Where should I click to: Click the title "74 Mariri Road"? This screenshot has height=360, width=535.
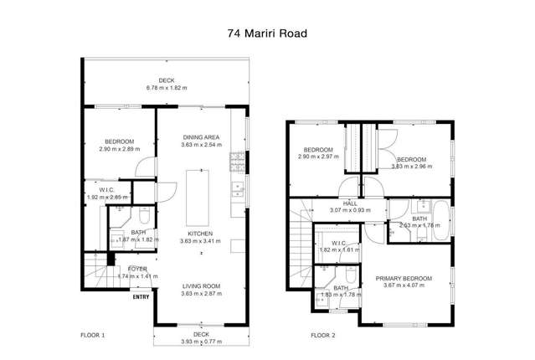[267, 33]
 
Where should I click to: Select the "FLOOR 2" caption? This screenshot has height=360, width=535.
[323, 335]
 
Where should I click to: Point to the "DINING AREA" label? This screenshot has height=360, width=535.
[201, 137]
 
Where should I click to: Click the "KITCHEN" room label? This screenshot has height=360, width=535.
[200, 234]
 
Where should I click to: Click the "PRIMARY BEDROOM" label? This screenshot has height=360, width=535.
[403, 278]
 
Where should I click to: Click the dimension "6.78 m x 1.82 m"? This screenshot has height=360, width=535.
[167, 88]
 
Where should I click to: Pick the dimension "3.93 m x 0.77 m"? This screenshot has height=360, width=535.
[200, 341]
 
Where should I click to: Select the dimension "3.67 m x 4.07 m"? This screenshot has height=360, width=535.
[403, 285]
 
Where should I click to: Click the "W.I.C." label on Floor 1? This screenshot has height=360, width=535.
[106, 189]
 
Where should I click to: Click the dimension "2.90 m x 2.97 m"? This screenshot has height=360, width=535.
[319, 157]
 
